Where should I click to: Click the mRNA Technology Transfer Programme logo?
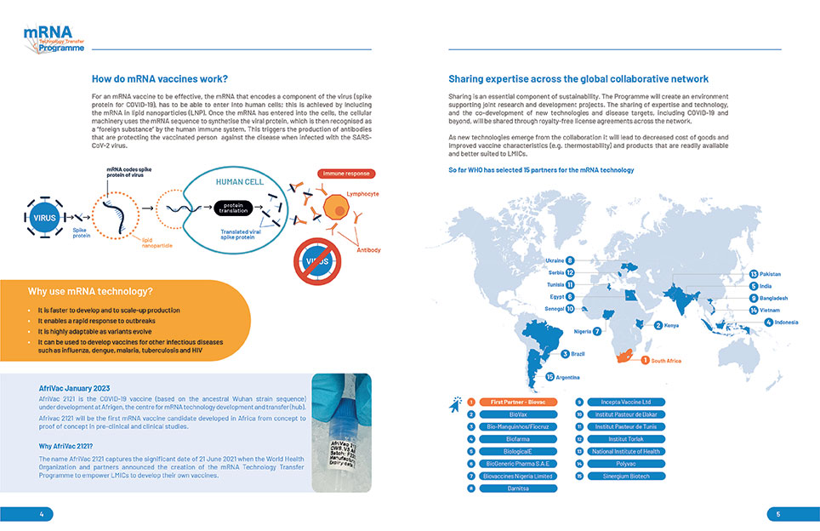point(54,39)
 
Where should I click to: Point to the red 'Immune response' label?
point(346,174)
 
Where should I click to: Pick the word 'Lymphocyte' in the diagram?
point(363,194)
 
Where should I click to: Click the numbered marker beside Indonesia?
point(768,323)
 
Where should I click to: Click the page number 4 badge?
point(40,514)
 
